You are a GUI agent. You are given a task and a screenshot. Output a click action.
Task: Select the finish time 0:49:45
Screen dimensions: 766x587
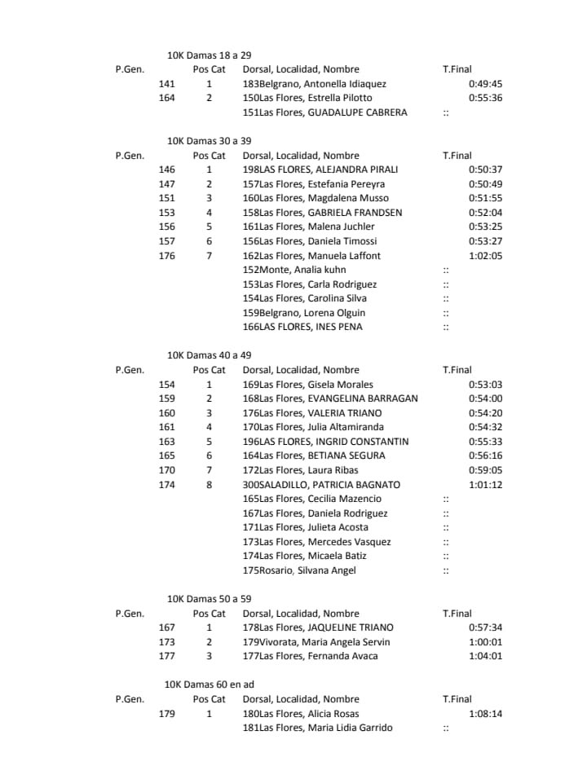click(x=485, y=84)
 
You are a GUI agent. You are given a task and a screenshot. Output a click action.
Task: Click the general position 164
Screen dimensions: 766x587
click(x=166, y=98)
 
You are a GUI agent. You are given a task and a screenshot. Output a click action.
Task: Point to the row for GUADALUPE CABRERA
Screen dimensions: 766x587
click(x=324, y=112)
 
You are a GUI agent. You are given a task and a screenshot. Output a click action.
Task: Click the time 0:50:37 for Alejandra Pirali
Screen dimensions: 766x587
click(x=485, y=169)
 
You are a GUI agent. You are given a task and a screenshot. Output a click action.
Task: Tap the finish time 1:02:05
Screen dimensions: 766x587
click(x=485, y=256)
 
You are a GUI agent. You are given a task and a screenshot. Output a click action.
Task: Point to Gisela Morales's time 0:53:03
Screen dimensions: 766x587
click(x=485, y=385)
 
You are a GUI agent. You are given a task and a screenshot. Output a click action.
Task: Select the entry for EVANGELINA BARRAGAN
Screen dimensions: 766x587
click(x=330, y=398)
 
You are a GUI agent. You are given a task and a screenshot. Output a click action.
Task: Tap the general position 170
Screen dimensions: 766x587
click(x=166, y=470)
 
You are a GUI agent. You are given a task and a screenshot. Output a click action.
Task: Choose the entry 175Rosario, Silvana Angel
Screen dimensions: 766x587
click(x=299, y=570)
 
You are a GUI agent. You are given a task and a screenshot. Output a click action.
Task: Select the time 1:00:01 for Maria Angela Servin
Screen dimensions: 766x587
click(x=485, y=642)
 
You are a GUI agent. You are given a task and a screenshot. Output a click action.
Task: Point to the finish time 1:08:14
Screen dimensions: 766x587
click(x=485, y=714)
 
